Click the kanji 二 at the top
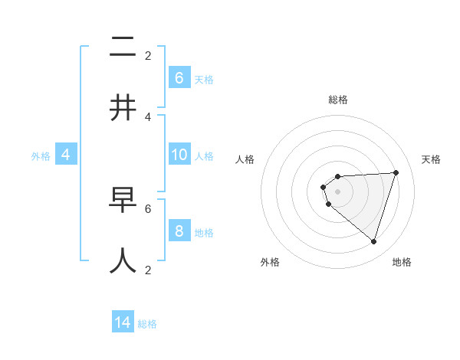[x=123, y=47]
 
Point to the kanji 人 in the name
[x=123, y=260]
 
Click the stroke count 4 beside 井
[x=148, y=116]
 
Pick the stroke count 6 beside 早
[x=148, y=208]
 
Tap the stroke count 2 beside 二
[x=148, y=55]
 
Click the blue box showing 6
[x=179, y=77]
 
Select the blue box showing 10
[x=179, y=155]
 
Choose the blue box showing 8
[x=179, y=231]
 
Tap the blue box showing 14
[x=123, y=322]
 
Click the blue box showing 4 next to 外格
[x=66, y=155]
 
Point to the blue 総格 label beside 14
[x=147, y=324]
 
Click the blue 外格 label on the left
[x=41, y=156]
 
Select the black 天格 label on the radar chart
[x=431, y=159]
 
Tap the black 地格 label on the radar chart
[x=402, y=262]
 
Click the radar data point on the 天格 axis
[x=396, y=172]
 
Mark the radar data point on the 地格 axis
[x=373, y=241]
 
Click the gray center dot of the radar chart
[x=337, y=191]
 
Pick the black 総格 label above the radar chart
[x=337, y=100]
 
